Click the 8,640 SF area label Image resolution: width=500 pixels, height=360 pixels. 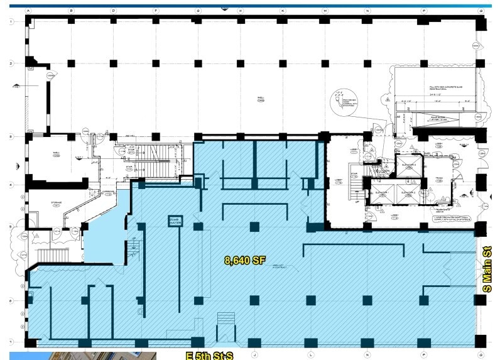[x=242, y=259]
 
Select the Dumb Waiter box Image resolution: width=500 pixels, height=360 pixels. [x=174, y=221]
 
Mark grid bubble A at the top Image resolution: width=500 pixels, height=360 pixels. [x=29, y=11]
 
